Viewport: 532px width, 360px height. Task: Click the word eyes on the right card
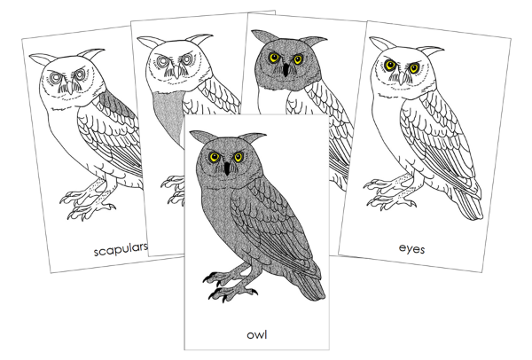[412, 250]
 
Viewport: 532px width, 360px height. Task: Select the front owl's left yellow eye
[213, 157]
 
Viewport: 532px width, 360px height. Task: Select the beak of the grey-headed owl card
[285, 68]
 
